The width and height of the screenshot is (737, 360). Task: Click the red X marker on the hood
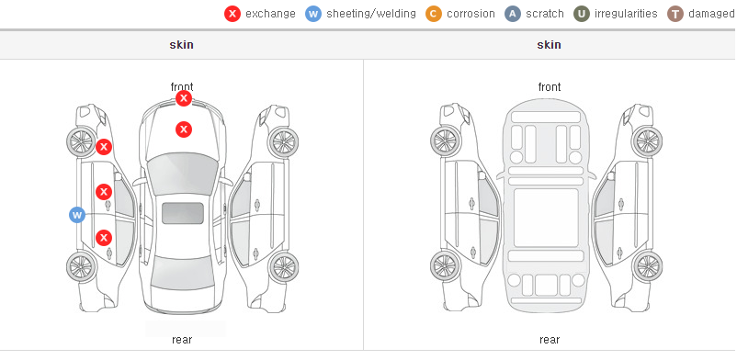(184, 129)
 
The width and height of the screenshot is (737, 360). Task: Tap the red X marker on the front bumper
(184, 98)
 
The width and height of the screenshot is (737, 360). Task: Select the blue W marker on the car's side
(77, 215)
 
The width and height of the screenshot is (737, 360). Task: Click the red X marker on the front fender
(104, 147)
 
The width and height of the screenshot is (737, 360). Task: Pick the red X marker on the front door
(104, 192)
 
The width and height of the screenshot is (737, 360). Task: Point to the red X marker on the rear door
(104, 238)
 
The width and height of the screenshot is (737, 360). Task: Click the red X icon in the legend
(232, 14)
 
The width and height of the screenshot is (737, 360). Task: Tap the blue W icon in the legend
(313, 14)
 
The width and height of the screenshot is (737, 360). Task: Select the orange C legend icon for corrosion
(434, 14)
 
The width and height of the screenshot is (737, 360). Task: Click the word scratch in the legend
(545, 14)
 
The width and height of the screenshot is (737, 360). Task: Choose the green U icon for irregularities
(582, 14)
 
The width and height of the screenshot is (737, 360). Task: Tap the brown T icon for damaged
(675, 14)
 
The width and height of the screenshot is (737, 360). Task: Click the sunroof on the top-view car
(183, 213)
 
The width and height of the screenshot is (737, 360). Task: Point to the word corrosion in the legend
(471, 14)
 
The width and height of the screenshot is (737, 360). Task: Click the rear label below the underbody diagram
(550, 340)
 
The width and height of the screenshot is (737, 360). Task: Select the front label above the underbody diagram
(550, 87)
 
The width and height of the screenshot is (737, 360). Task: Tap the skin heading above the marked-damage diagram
(181, 45)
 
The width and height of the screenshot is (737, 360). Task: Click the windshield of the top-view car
(183, 174)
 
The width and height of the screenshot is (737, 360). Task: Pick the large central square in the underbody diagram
(546, 218)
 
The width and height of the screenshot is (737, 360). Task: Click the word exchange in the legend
(270, 14)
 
